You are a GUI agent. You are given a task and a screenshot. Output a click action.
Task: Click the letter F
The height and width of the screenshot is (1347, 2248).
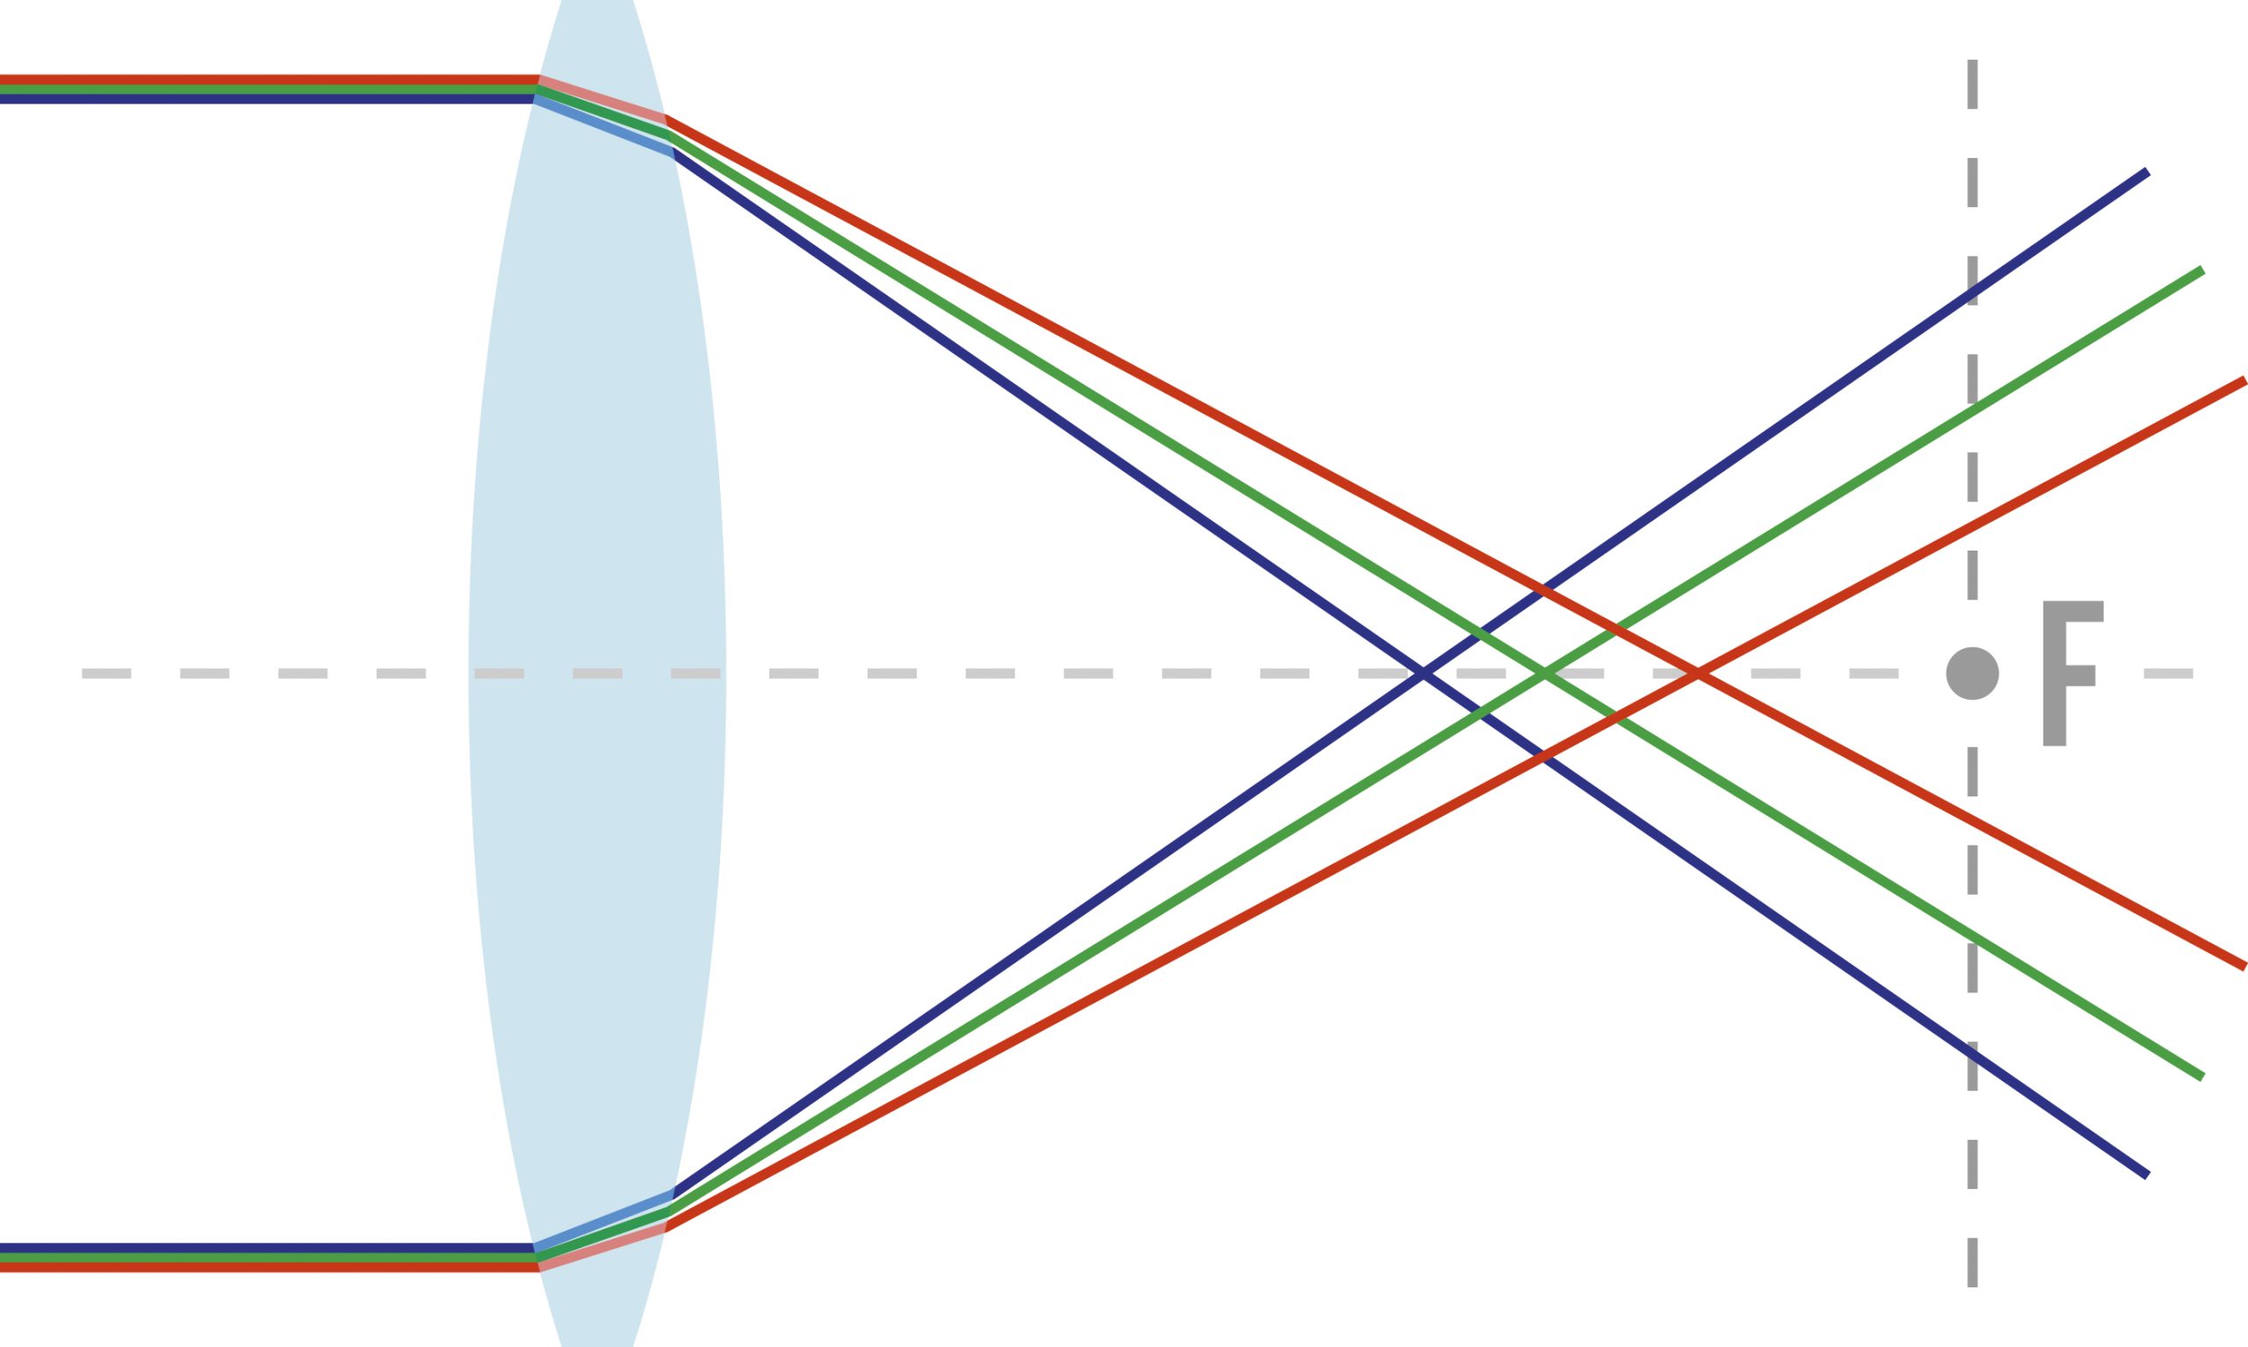tap(2070, 673)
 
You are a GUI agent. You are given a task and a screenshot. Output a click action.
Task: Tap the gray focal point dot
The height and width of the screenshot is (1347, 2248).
tap(1972, 673)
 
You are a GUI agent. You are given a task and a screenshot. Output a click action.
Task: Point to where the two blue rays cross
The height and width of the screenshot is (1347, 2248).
tap(1423, 673)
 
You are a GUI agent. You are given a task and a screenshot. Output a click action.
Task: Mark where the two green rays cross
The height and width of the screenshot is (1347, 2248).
tap(1545, 673)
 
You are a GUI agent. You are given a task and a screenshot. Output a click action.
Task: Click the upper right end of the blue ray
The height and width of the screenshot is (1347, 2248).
tap(2145, 172)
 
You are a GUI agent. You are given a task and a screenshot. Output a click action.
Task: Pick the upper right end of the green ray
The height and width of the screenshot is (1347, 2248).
tap(2200, 271)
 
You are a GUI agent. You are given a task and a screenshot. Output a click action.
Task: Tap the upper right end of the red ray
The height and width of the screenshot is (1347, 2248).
tap(2243, 382)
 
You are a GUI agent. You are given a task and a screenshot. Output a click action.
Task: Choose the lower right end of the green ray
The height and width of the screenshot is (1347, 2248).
tap(2200, 1077)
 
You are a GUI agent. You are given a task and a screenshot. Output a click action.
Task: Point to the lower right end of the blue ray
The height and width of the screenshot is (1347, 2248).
tap(2145, 1175)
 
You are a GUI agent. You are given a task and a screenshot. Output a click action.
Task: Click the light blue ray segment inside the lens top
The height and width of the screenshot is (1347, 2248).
tap(603, 127)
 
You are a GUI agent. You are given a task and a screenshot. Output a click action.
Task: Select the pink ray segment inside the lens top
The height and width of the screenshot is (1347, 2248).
tap(602, 99)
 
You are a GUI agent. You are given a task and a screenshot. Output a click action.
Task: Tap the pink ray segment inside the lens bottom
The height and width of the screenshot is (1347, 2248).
tap(602, 1248)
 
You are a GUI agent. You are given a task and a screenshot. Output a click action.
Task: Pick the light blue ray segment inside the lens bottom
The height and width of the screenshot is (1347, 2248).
tap(603, 1220)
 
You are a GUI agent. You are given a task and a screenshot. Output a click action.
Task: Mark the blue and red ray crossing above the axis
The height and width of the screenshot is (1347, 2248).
tap(1543, 592)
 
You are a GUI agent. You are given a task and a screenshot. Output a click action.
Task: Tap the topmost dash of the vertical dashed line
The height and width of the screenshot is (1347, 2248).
tap(1972, 83)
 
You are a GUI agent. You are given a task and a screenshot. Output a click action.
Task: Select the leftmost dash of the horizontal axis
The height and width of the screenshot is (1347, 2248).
tap(106, 673)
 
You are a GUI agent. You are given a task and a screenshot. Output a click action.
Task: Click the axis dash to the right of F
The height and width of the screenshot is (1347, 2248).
tap(2168, 673)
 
